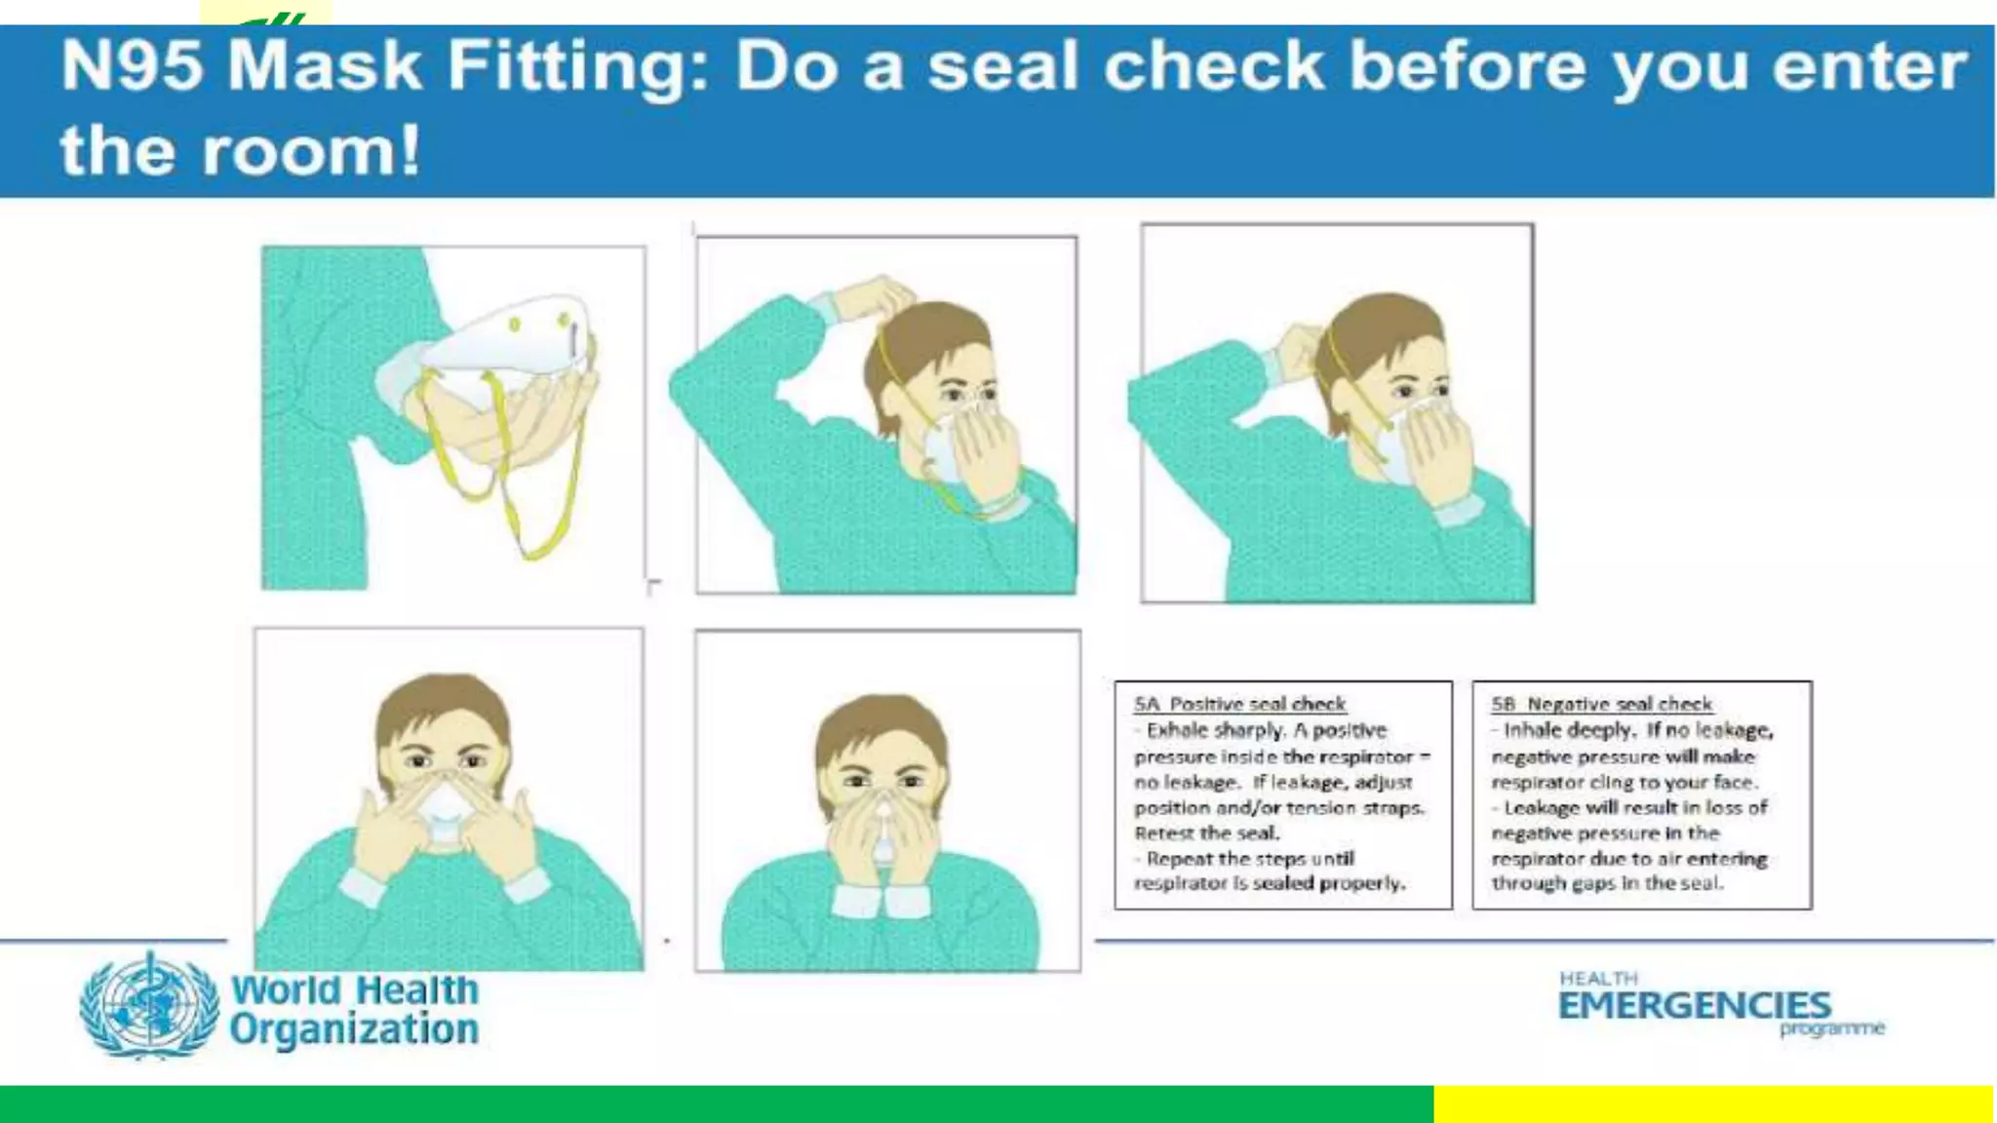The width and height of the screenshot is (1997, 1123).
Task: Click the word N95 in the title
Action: (132, 66)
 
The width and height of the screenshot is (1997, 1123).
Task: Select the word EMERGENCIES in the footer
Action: (1694, 1005)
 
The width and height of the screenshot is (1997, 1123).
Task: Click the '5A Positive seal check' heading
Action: (1239, 704)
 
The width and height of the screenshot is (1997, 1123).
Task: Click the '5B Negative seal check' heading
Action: (1601, 704)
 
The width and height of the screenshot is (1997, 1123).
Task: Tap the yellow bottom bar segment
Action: (1712, 1104)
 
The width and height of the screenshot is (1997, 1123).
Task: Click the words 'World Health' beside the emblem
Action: (355, 989)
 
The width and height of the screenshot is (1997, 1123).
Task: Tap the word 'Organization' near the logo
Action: (355, 1029)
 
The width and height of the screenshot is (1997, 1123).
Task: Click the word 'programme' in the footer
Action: (1831, 1028)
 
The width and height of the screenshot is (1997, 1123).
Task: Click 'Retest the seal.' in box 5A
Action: (1206, 833)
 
